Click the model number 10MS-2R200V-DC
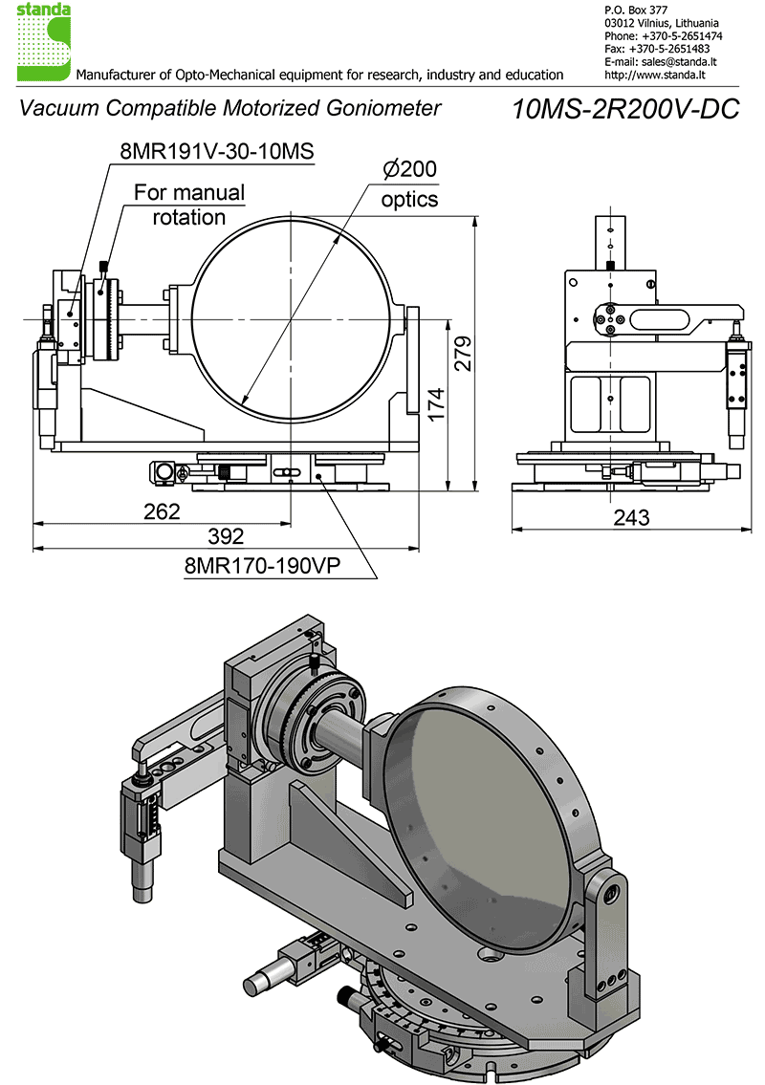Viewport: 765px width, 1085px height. (626, 109)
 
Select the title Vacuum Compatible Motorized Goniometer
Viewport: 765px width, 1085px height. (230, 108)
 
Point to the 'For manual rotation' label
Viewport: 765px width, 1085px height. (189, 205)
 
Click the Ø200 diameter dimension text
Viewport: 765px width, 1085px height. (409, 170)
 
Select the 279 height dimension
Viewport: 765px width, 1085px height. (462, 354)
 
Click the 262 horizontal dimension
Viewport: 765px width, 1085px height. (162, 511)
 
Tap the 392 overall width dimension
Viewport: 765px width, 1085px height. (226, 536)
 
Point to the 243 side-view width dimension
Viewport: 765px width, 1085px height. (630, 517)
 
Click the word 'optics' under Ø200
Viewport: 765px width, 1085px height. (409, 200)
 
